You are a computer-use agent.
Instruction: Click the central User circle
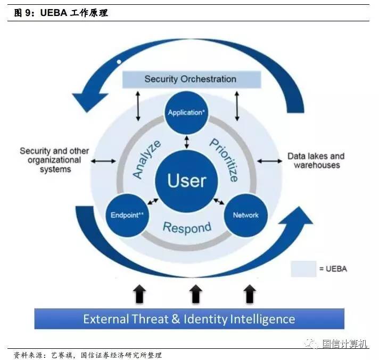click(x=186, y=181)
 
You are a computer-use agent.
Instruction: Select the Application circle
click(x=186, y=112)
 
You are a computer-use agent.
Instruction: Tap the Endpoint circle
click(x=128, y=215)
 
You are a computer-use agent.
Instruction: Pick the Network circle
click(x=245, y=215)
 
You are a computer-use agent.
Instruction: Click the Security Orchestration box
click(x=190, y=79)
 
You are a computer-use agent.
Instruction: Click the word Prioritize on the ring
click(x=224, y=159)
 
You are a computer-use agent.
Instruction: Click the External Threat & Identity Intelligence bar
click(x=189, y=319)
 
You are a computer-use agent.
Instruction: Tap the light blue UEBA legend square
click(x=303, y=268)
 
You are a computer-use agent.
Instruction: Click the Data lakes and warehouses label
click(x=316, y=160)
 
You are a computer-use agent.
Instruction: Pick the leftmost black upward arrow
click(x=139, y=293)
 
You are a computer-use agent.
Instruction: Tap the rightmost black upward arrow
click(x=250, y=293)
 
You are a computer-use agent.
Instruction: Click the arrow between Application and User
click(x=186, y=142)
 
